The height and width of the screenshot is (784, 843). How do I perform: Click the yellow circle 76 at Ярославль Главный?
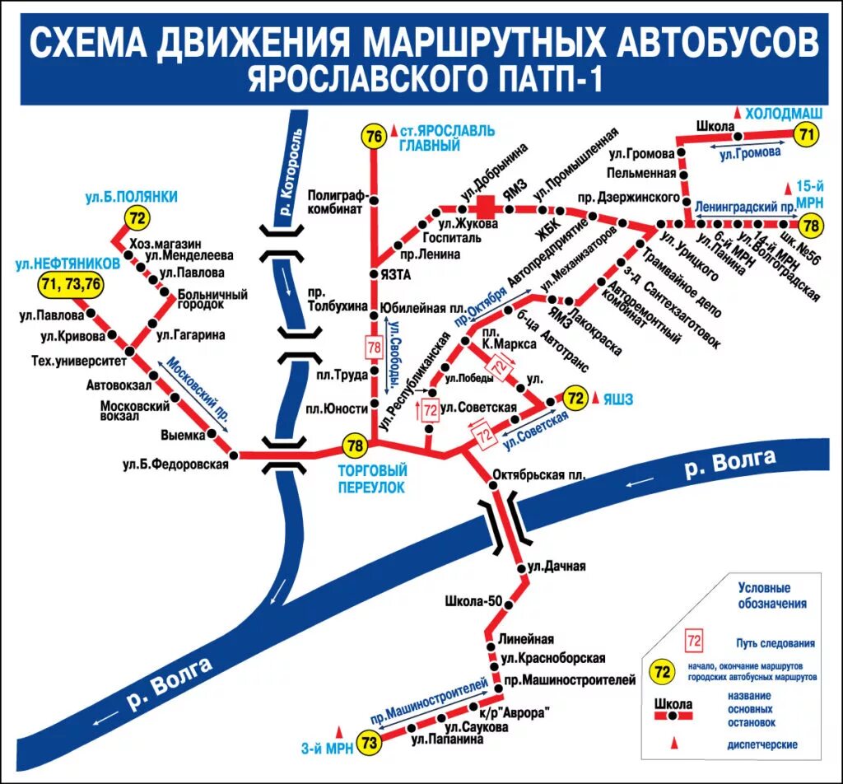point(375,136)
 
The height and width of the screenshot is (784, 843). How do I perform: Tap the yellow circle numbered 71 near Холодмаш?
point(807,134)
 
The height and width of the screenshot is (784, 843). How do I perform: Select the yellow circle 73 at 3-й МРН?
point(369,744)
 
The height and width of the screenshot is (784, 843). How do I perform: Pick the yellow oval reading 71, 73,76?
point(72,286)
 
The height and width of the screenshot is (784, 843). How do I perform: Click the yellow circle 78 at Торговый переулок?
point(355,446)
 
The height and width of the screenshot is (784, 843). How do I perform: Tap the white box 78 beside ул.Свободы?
point(374,348)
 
